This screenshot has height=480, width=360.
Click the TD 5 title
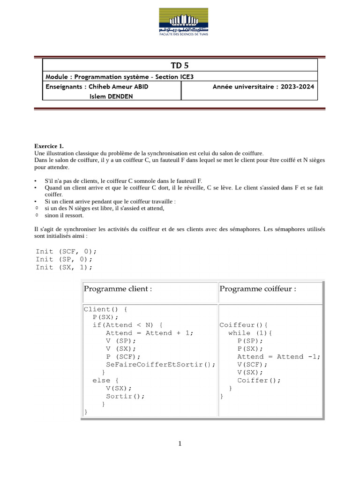tap(180, 65)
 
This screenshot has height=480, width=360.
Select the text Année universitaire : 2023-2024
tap(263, 87)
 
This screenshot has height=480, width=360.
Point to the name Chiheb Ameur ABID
tap(112, 87)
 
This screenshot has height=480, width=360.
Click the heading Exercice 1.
tap(49, 146)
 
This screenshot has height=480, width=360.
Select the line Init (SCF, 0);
tap(66, 251)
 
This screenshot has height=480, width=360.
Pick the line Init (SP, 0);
tap(64, 259)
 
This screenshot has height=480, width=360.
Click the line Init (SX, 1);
tap(64, 267)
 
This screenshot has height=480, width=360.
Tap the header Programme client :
tap(118, 289)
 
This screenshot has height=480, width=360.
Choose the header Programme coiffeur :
tap(257, 289)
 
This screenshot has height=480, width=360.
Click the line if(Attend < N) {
tap(127, 325)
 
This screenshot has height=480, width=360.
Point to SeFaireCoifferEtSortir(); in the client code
tap(161, 365)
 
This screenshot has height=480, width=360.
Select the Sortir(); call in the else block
tap(125, 396)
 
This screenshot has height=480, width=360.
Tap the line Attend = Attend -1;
tap(278, 357)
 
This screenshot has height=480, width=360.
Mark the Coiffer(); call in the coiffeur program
tap(259, 381)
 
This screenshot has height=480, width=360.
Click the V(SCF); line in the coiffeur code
tap(252, 365)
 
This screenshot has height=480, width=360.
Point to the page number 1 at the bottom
tap(180, 444)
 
